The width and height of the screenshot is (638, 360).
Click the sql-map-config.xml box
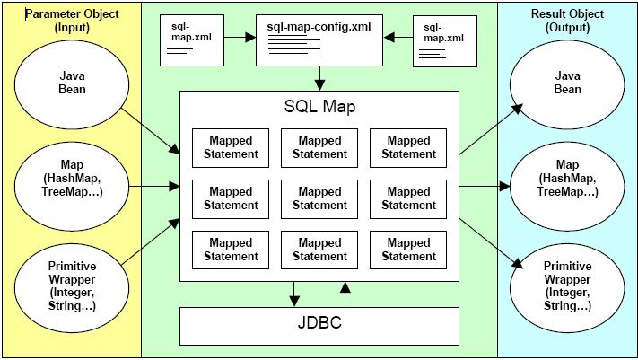pos(319,40)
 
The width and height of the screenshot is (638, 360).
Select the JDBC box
pos(319,326)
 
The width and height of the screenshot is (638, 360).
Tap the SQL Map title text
pos(319,106)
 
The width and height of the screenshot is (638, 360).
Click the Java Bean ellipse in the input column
pos(72,84)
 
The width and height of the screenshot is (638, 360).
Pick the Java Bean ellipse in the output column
pos(567,84)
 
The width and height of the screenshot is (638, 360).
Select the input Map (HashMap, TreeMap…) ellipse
pos(72,186)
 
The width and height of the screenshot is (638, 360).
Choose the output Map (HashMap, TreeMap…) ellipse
pos(567,186)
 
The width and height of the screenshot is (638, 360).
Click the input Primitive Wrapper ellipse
pos(72,288)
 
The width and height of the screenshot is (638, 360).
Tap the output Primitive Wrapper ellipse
pos(567,288)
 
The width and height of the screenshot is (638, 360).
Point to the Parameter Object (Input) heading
pos(72,21)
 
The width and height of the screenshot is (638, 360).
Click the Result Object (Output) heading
pos(567,21)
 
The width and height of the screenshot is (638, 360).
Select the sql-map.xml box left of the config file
pos(192,40)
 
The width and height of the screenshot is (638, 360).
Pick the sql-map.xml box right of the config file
pos(445,41)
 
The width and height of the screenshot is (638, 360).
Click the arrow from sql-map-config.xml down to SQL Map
pos(319,78)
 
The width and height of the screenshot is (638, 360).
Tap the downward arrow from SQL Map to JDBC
pos(294,294)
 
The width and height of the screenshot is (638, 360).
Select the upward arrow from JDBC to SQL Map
pos(345,294)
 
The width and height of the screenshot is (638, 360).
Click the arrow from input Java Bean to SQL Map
pos(150,131)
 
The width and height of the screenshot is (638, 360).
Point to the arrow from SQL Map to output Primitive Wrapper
pos(491,244)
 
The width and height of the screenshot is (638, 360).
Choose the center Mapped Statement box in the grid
pos(319,199)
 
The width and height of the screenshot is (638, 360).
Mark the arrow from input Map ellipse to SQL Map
pos(154,187)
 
